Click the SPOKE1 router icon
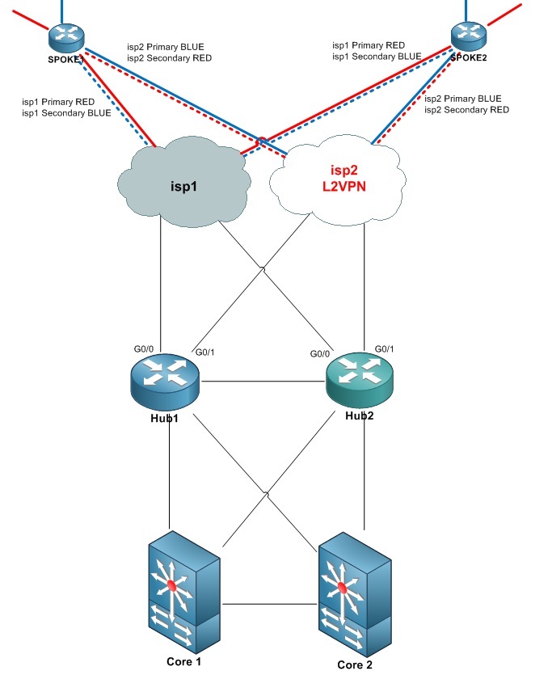click(x=65, y=37)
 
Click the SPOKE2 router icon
click(x=469, y=36)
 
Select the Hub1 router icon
click(x=165, y=382)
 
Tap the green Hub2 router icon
click(x=360, y=380)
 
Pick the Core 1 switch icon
click(x=184, y=592)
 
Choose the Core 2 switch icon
click(x=355, y=594)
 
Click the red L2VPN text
click(x=344, y=187)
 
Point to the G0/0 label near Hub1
click(x=144, y=349)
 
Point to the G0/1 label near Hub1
click(x=204, y=352)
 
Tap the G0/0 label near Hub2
click(x=320, y=354)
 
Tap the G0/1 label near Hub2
click(x=384, y=349)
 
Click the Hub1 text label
click(x=164, y=418)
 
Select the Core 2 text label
click(x=355, y=664)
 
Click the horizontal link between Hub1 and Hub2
click(x=263, y=381)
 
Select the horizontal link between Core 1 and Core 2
click(x=270, y=605)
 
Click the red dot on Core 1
click(x=171, y=585)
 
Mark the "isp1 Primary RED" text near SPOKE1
click(x=58, y=102)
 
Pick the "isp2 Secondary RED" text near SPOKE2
click(x=467, y=110)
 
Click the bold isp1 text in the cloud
click(x=183, y=187)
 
